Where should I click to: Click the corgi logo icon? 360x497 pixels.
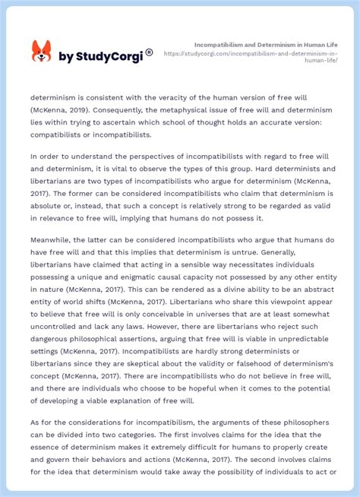point(41,52)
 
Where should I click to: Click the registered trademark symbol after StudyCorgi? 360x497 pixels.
point(149,52)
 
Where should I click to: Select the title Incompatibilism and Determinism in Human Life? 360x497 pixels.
point(266,45)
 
